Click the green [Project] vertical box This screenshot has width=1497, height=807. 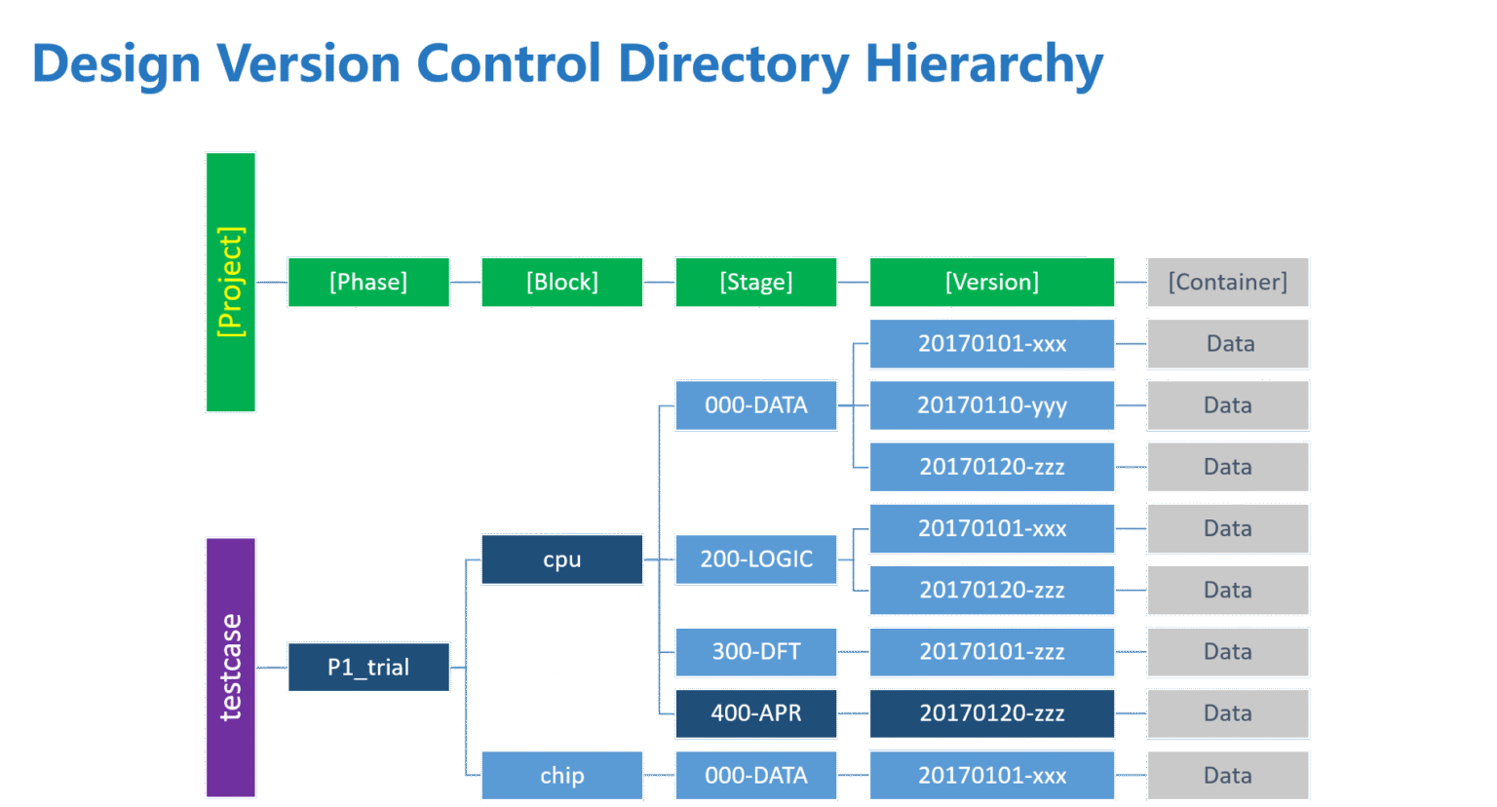(x=231, y=282)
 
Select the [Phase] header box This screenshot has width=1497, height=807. (x=368, y=282)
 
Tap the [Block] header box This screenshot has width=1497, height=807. (x=562, y=282)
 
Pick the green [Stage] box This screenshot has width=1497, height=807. (x=756, y=282)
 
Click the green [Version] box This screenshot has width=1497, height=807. (x=992, y=282)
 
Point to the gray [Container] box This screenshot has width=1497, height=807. (x=1228, y=282)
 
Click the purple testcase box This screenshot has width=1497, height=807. (x=231, y=668)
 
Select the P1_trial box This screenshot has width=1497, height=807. (x=368, y=667)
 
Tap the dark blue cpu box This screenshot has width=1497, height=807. (x=562, y=559)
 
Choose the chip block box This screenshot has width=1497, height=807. (x=562, y=775)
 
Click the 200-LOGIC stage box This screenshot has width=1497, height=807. (x=756, y=559)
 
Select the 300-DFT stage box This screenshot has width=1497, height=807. (x=756, y=651)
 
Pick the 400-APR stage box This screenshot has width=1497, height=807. (x=756, y=713)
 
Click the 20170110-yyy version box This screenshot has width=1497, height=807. (x=992, y=405)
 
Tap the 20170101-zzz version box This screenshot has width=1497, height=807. (x=992, y=651)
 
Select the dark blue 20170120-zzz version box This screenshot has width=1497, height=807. (x=992, y=713)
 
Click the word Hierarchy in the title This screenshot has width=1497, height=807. (x=983, y=64)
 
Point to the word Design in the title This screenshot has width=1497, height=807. (x=116, y=64)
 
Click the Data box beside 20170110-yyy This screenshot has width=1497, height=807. (x=1228, y=405)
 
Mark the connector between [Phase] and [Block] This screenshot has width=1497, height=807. (x=465, y=282)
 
